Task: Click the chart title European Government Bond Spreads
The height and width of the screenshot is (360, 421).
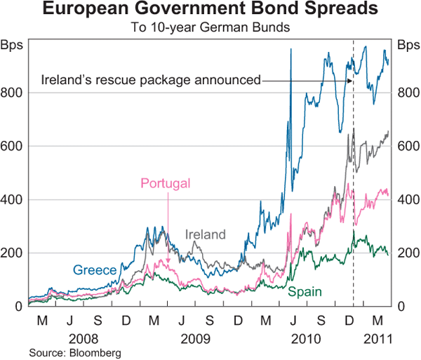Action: [x=210, y=11]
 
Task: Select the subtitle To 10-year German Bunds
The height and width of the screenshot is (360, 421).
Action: [x=210, y=29]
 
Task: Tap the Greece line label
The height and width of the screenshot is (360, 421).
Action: [x=94, y=269]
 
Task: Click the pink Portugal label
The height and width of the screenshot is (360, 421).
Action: [x=166, y=184]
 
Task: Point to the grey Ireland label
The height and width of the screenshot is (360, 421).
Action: [x=205, y=234]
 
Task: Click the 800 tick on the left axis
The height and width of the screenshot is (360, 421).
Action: [x=13, y=93]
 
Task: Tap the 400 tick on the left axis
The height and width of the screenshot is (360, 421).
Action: [x=13, y=199]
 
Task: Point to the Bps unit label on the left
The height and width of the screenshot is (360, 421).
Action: [x=13, y=46]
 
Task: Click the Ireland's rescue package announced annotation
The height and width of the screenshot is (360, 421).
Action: [x=151, y=79]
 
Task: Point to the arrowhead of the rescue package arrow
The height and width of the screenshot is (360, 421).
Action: [x=350, y=80]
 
